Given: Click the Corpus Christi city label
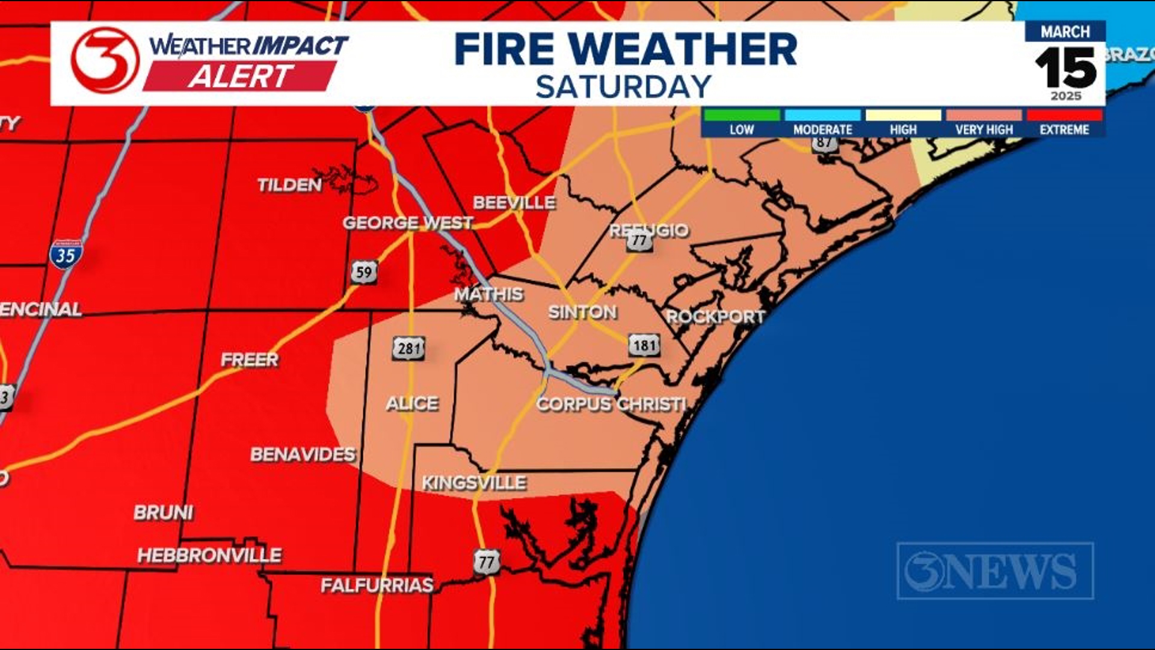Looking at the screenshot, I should coord(611,404).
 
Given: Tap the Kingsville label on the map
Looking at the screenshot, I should coord(474,483).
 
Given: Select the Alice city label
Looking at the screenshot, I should coord(412,403).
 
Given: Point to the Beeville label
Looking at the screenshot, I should coord(514,203).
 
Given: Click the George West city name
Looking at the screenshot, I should coord(408,223).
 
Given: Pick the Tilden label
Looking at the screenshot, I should coord(289,185).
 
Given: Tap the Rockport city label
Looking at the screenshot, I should coord(715,317).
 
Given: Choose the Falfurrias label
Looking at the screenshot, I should coord(377,585).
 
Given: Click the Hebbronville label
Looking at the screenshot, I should coord(209,555).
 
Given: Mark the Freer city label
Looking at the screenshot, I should coord(250,360).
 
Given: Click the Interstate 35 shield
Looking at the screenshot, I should coord(66,255).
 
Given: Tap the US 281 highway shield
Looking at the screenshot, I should coord(408,348).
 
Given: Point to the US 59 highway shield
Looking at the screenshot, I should coord(364,273).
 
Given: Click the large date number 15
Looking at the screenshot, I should coord(1065,67).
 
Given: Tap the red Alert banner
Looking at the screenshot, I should coord(239,76).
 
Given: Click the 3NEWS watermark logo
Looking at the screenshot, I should coord(995,571).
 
